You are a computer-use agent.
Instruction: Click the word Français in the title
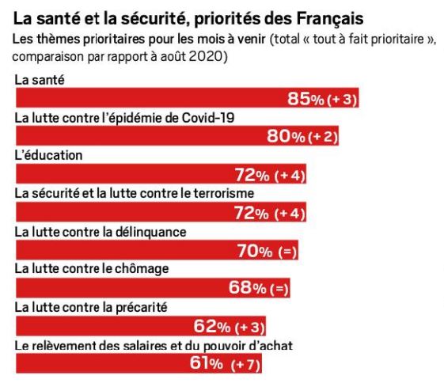330,19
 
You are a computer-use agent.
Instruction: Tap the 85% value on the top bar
305,99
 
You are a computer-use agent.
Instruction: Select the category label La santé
40,80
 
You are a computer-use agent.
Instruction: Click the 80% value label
286,136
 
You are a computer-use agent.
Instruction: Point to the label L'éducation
48,155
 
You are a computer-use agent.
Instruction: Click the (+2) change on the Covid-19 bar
323,137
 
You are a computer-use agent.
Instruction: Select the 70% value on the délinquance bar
255,251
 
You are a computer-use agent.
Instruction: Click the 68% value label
248,287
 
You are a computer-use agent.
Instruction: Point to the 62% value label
212,326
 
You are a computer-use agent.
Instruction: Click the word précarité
142,308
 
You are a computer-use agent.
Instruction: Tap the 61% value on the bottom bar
207,363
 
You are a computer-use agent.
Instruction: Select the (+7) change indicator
245,364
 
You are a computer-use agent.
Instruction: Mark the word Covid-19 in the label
208,118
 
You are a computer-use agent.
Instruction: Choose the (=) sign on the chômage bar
279,289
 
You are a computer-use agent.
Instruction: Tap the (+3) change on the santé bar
342,100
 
